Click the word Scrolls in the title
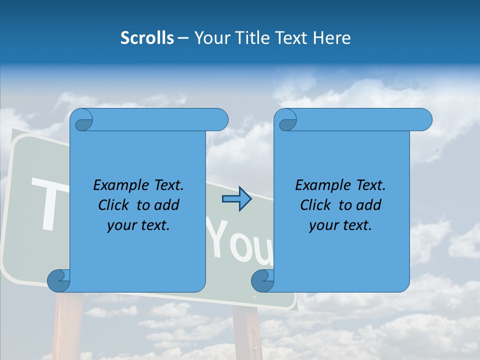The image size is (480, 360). (147, 38)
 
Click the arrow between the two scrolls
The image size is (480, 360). (236, 199)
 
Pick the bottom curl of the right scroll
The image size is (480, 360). (262, 280)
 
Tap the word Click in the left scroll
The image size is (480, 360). (109, 205)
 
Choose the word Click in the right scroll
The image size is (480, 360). (311, 205)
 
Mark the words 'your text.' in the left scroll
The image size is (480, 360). (138, 225)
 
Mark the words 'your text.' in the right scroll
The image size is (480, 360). (340, 225)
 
